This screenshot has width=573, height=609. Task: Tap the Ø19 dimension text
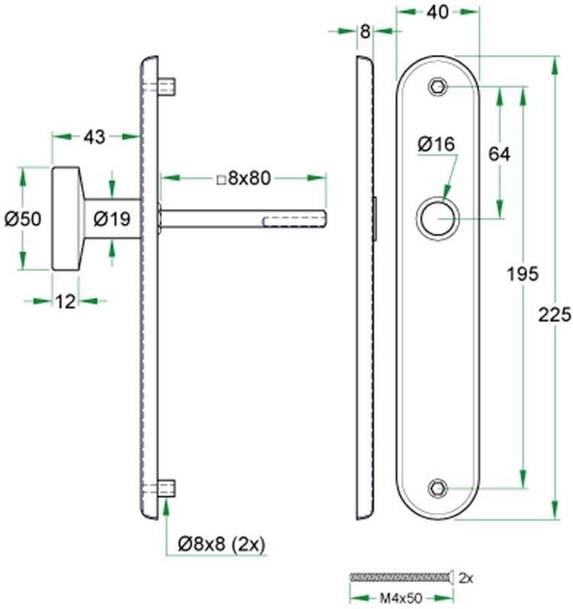coord(112,220)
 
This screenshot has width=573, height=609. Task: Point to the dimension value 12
coord(66,301)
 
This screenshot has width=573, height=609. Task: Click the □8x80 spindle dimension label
coord(244,179)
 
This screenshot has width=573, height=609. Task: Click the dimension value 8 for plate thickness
coord(364,32)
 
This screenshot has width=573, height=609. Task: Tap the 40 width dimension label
coord(437,12)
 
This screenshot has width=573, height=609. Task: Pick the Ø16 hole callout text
coord(436,143)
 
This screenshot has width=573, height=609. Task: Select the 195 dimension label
coord(523,273)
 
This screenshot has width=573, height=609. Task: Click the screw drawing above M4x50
coord(400,577)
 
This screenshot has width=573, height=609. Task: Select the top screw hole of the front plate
coord(437,86)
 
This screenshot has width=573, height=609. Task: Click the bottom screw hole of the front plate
coord(437,487)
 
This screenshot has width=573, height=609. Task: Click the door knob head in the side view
coord(67,218)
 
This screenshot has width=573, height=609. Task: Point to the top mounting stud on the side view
coord(167,85)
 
